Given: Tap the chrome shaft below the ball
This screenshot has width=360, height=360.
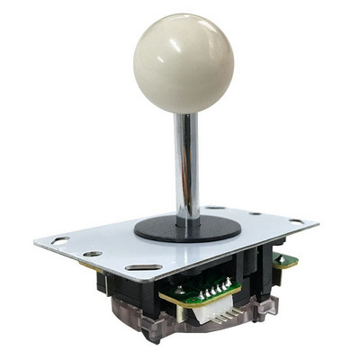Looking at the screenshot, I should tap(187, 162).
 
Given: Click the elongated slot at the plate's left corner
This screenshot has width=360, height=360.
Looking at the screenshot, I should tap(59, 240).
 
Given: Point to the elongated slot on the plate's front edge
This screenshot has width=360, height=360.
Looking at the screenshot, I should tap(144, 267).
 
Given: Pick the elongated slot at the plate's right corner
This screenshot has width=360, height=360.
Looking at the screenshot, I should tap(296, 220).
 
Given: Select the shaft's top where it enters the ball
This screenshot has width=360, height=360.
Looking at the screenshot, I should tap(185, 115).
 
